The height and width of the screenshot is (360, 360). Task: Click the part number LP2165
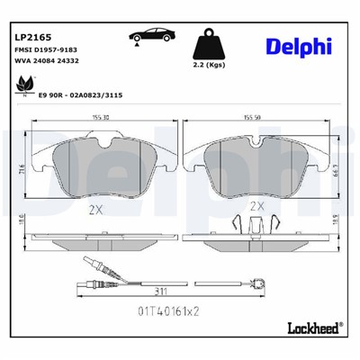click(x=32, y=39)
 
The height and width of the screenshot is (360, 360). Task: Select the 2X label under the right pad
click(x=256, y=205)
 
